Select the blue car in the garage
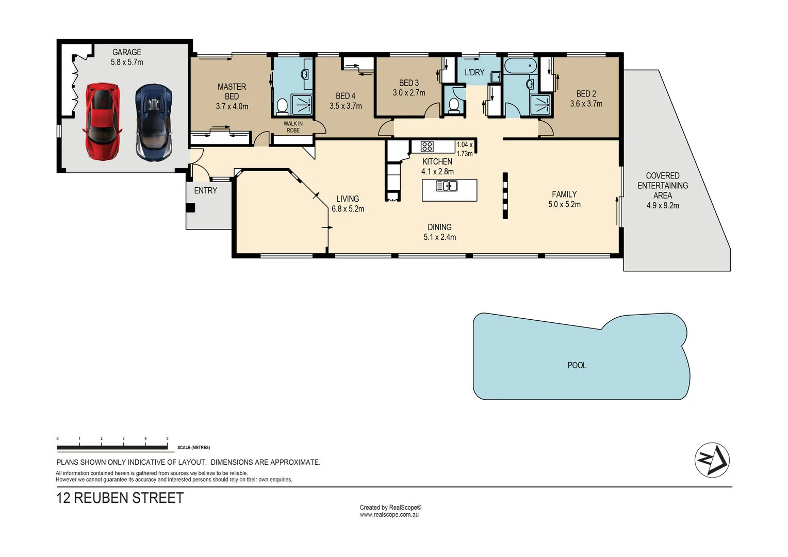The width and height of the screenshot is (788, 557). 154,123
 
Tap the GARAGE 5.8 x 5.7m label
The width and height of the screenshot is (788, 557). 127,57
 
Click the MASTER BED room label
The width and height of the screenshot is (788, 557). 232,91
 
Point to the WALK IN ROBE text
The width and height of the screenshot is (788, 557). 293,127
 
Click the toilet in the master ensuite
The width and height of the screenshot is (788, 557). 282,107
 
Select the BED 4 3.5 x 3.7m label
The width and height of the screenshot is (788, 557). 346,101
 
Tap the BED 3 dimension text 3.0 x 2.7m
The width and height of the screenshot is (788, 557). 409,93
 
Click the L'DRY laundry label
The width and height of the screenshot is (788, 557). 474,72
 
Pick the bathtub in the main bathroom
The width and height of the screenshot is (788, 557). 520,66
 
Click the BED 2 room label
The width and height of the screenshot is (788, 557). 586,94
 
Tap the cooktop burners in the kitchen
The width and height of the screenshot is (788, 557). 427,146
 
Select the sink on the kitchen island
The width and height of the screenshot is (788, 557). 447,186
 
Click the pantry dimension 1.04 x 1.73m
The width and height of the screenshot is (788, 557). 465,149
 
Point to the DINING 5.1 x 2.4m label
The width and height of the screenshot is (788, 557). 439,232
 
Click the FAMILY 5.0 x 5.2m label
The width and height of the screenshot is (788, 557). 564,199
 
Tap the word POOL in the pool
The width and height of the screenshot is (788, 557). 577,365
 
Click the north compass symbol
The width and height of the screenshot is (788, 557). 712,460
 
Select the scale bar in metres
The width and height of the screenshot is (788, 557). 112,447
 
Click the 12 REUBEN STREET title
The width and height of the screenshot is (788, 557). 120,498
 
